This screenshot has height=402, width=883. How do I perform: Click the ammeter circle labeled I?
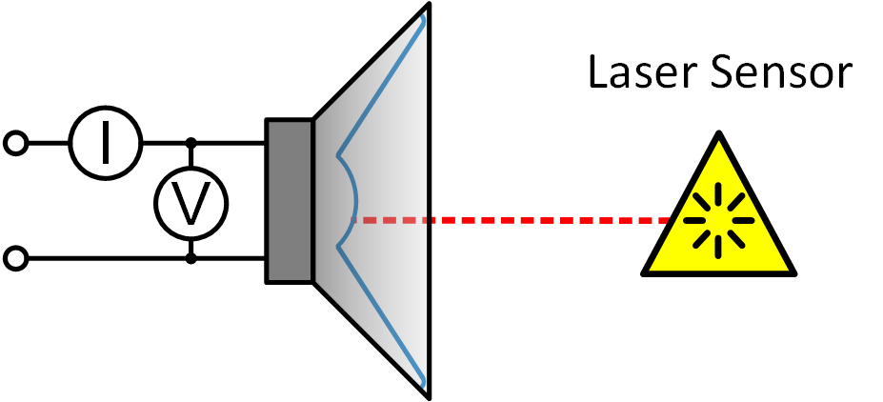(105, 144)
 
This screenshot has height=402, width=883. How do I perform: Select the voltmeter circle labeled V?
(191, 201)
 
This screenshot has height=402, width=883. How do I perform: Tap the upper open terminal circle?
(15, 144)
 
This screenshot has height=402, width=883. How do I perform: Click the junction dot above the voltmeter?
(191, 144)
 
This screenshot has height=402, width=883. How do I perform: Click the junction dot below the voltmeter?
(191, 258)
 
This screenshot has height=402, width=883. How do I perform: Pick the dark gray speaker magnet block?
(290, 201)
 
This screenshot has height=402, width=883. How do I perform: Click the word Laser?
(641, 73)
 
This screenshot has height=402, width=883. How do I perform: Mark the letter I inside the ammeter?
(105, 144)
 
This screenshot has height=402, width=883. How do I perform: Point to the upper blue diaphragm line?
(381, 86)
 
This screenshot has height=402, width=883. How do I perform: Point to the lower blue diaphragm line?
(381, 314)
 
